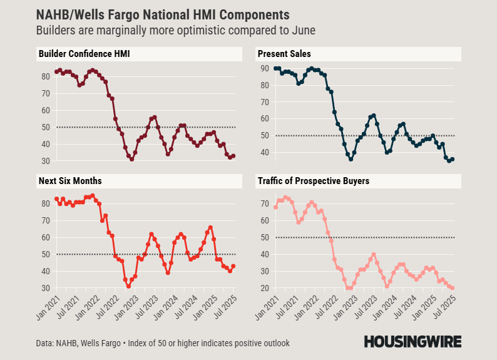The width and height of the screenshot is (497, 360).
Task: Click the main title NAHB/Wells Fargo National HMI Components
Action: [x=163, y=14]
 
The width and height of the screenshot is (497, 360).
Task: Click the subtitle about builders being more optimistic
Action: [x=176, y=30]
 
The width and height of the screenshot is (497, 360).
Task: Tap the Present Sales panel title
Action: [x=284, y=54]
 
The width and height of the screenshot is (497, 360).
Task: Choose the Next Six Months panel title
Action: [x=69, y=181]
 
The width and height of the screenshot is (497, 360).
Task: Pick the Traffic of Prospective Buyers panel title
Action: [x=313, y=181]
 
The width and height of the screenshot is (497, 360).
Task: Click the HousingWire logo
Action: [x=412, y=341]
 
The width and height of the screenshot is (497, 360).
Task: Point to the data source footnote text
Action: [x=163, y=343]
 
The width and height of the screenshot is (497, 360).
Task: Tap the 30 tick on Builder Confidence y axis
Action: [x=46, y=161]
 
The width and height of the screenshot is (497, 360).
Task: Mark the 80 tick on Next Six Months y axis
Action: [x=46, y=203]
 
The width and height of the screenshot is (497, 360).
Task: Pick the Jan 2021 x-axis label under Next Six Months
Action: [x=49, y=307]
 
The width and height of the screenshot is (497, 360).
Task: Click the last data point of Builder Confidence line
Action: [x=233, y=156]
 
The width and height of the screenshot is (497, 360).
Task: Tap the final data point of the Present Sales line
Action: [x=453, y=159]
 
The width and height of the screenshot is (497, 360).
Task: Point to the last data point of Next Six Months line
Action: [x=233, y=266]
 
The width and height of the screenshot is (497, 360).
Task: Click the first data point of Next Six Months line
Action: [x=56, y=198]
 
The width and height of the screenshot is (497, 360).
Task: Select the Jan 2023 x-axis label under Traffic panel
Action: [x=342, y=307]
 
